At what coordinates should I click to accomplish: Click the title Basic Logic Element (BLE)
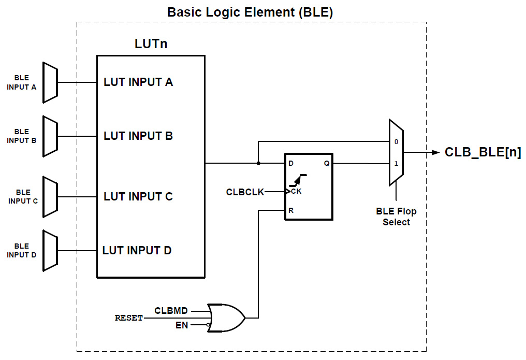(x=250, y=12)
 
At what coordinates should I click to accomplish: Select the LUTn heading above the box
(x=151, y=44)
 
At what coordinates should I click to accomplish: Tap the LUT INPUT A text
(x=138, y=82)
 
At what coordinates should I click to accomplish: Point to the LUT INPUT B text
(x=138, y=136)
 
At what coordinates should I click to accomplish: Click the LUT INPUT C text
(x=138, y=196)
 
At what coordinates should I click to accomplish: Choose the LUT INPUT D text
(x=137, y=251)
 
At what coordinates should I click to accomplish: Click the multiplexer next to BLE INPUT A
(x=50, y=82)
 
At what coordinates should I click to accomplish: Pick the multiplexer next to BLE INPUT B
(x=50, y=136)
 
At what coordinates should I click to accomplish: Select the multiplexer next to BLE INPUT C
(x=50, y=196)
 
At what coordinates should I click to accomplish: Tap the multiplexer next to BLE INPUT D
(x=50, y=251)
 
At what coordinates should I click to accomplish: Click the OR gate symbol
(x=226, y=318)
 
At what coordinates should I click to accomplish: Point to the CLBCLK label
(x=245, y=192)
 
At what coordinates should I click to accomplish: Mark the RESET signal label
(x=128, y=318)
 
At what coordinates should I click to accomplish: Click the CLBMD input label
(x=171, y=311)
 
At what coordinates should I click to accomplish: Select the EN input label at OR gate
(x=182, y=325)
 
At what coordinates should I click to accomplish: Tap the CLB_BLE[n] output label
(x=483, y=153)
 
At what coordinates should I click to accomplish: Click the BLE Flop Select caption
(x=396, y=217)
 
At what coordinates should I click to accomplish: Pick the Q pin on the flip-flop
(x=327, y=164)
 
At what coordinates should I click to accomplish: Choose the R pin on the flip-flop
(x=290, y=211)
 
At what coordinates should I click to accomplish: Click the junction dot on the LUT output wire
(x=258, y=164)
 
